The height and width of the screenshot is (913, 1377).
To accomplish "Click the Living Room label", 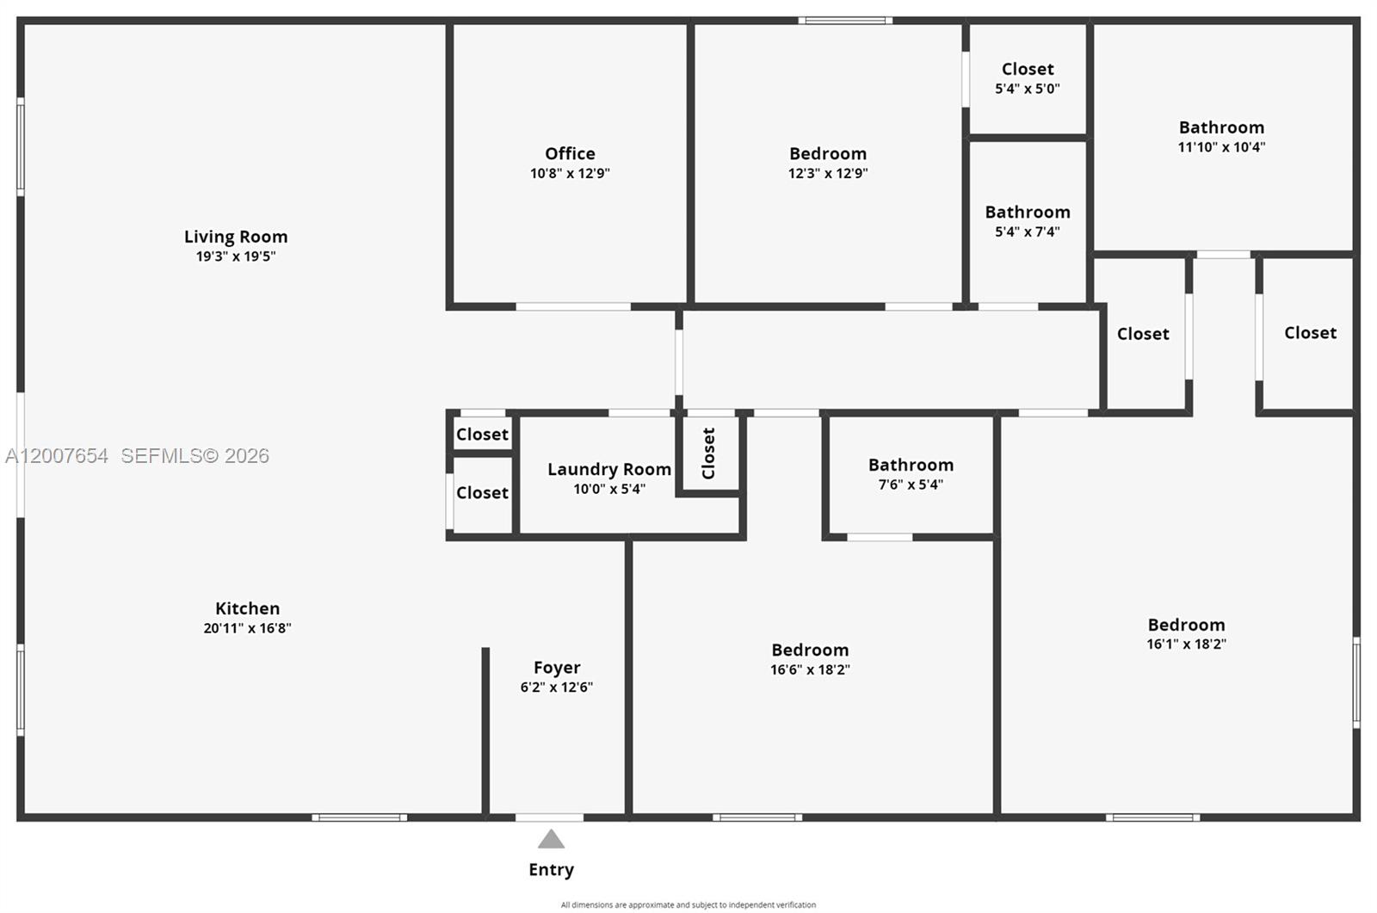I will click(x=236, y=237).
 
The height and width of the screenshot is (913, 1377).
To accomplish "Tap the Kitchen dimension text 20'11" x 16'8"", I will click(x=247, y=628).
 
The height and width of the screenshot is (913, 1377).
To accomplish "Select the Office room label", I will click(x=570, y=154).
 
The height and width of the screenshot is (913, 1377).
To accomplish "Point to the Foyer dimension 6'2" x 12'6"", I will click(x=556, y=687).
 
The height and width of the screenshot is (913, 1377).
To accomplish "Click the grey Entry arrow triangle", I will click(x=551, y=839).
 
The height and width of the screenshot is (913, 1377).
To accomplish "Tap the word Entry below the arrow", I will click(x=551, y=869).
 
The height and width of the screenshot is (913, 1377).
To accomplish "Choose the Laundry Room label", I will click(x=608, y=469).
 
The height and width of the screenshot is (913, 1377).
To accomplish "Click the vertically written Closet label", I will click(x=708, y=453).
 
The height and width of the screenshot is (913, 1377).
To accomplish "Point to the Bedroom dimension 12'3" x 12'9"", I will click(x=827, y=173).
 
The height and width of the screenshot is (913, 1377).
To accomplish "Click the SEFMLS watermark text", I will click(x=195, y=456).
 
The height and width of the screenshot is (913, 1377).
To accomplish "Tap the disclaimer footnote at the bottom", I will click(x=688, y=904).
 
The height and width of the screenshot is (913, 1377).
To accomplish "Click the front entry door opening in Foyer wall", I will click(x=549, y=817).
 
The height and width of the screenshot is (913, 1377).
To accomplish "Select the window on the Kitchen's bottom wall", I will click(x=359, y=817).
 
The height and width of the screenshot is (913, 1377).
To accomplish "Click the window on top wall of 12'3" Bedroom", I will click(x=844, y=21).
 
